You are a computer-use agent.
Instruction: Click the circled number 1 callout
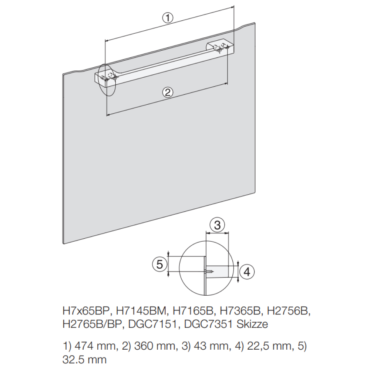coord(168,18)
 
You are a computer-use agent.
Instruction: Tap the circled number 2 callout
coord(168,92)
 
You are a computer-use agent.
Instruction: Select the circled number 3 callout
coord(217,225)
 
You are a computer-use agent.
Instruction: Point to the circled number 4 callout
coord(247,272)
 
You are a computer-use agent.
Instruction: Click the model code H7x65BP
coord(87,311)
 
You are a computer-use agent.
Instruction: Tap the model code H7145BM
coord(141,311)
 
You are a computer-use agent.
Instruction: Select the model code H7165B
coord(193,311)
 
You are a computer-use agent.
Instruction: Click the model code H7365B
coord(240,311)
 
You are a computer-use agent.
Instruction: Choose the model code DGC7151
coord(152,324)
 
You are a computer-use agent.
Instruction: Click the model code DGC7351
coord(208,324)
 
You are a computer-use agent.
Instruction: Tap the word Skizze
coord(252,324)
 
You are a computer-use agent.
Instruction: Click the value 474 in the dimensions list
coord(83,346)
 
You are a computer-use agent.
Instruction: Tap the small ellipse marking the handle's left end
coord(107,80)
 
